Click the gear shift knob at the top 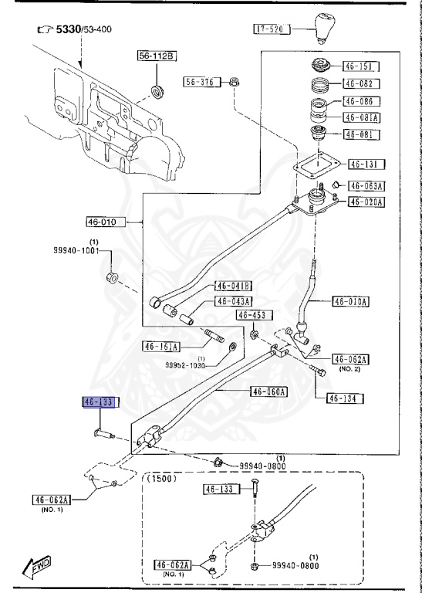coord(325,29)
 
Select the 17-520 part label coord(272,29)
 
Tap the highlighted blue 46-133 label coord(99,402)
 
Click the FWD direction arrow coord(37,568)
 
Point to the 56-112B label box coord(157,56)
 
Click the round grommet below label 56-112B coord(157,91)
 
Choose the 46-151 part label coord(360,66)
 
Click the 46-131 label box coord(366,164)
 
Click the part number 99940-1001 coord(76,250)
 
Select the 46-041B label coord(233,286)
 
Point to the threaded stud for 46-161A coord(214,335)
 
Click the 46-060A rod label coord(268,391)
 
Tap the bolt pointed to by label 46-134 coord(317,371)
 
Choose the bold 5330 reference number coord(69,29)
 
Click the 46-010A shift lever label coord(350,301)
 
